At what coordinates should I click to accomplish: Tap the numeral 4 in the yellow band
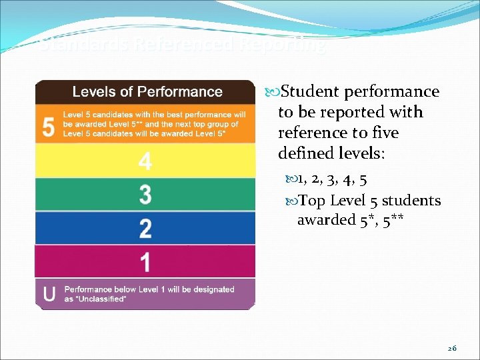(x=145, y=161)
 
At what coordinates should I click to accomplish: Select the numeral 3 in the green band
(x=145, y=195)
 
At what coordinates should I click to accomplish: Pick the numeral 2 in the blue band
(x=145, y=228)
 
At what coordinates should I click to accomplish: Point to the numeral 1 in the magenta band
(x=145, y=261)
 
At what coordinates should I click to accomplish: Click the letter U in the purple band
(x=49, y=294)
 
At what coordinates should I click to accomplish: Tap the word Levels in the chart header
(x=93, y=92)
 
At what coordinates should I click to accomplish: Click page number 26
(x=452, y=349)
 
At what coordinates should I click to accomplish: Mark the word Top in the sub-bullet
(x=311, y=201)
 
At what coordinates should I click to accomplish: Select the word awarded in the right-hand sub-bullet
(x=325, y=220)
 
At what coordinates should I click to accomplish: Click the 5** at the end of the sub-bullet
(x=394, y=220)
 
